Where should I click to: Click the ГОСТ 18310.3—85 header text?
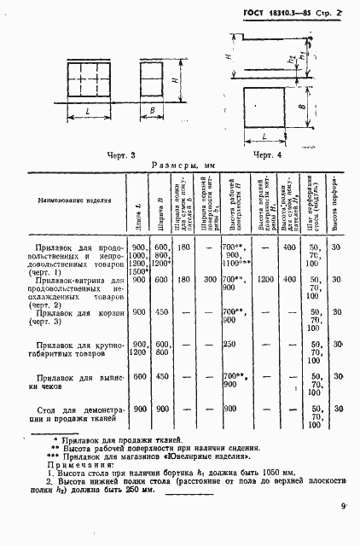(x=272, y=12)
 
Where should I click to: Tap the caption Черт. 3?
(x=122, y=154)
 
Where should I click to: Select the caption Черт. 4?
(x=266, y=154)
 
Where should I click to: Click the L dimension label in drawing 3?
(x=88, y=113)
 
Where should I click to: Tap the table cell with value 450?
(x=160, y=311)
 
